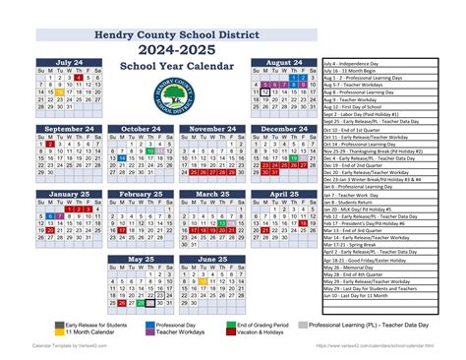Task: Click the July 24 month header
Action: click(x=70, y=63)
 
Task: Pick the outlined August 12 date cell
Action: click(x=265, y=90)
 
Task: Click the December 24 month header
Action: click(x=284, y=128)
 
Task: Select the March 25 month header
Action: click(x=213, y=194)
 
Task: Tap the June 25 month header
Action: click(x=213, y=260)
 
